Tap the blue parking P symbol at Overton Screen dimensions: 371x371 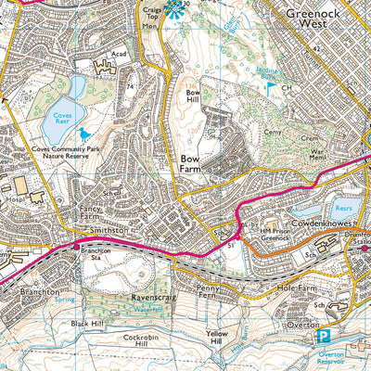[324, 337]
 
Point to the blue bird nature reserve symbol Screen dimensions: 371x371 [86, 134]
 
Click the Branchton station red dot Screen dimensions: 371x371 [76, 247]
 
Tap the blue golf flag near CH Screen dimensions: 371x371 [271, 88]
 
